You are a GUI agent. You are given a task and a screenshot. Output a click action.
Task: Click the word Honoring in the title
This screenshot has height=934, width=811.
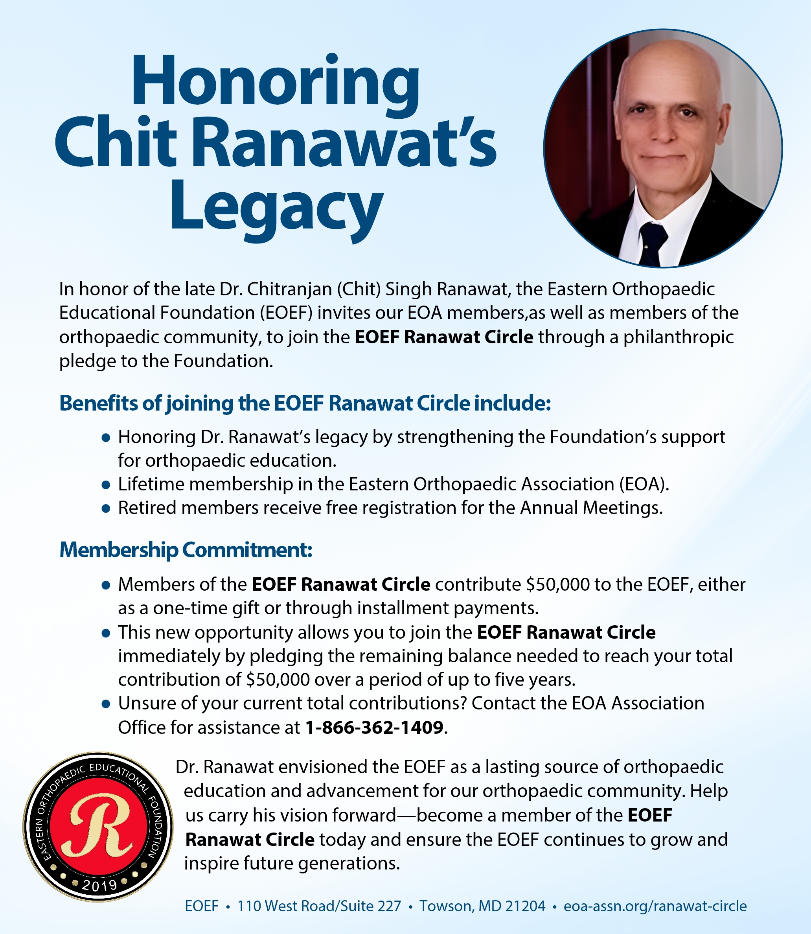tap(276, 81)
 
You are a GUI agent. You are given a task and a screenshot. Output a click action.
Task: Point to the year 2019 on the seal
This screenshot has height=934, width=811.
tap(99, 886)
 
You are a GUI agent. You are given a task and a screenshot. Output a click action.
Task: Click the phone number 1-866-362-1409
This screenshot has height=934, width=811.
tap(374, 728)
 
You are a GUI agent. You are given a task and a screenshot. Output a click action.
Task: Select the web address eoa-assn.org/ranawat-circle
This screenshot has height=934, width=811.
tap(655, 906)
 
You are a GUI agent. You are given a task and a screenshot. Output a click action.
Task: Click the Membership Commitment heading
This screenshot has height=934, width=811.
tap(186, 550)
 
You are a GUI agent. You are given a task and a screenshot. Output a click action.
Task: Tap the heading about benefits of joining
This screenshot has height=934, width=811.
tap(305, 403)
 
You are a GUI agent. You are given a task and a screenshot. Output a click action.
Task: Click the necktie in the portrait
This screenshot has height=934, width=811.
tap(652, 242)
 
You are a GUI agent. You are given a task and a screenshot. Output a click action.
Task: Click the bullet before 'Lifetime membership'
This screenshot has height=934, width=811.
tap(106, 485)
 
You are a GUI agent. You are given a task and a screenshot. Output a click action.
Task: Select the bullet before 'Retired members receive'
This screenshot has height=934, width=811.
tap(106, 509)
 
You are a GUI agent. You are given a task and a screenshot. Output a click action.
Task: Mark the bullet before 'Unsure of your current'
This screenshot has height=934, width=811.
tap(106, 704)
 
